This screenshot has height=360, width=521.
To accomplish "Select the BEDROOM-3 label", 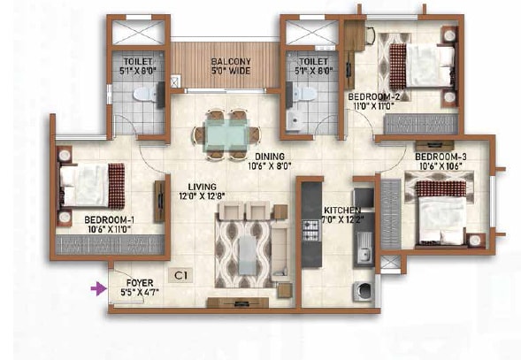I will (x=437, y=157).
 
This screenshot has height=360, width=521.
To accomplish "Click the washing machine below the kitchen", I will (x=363, y=291).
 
